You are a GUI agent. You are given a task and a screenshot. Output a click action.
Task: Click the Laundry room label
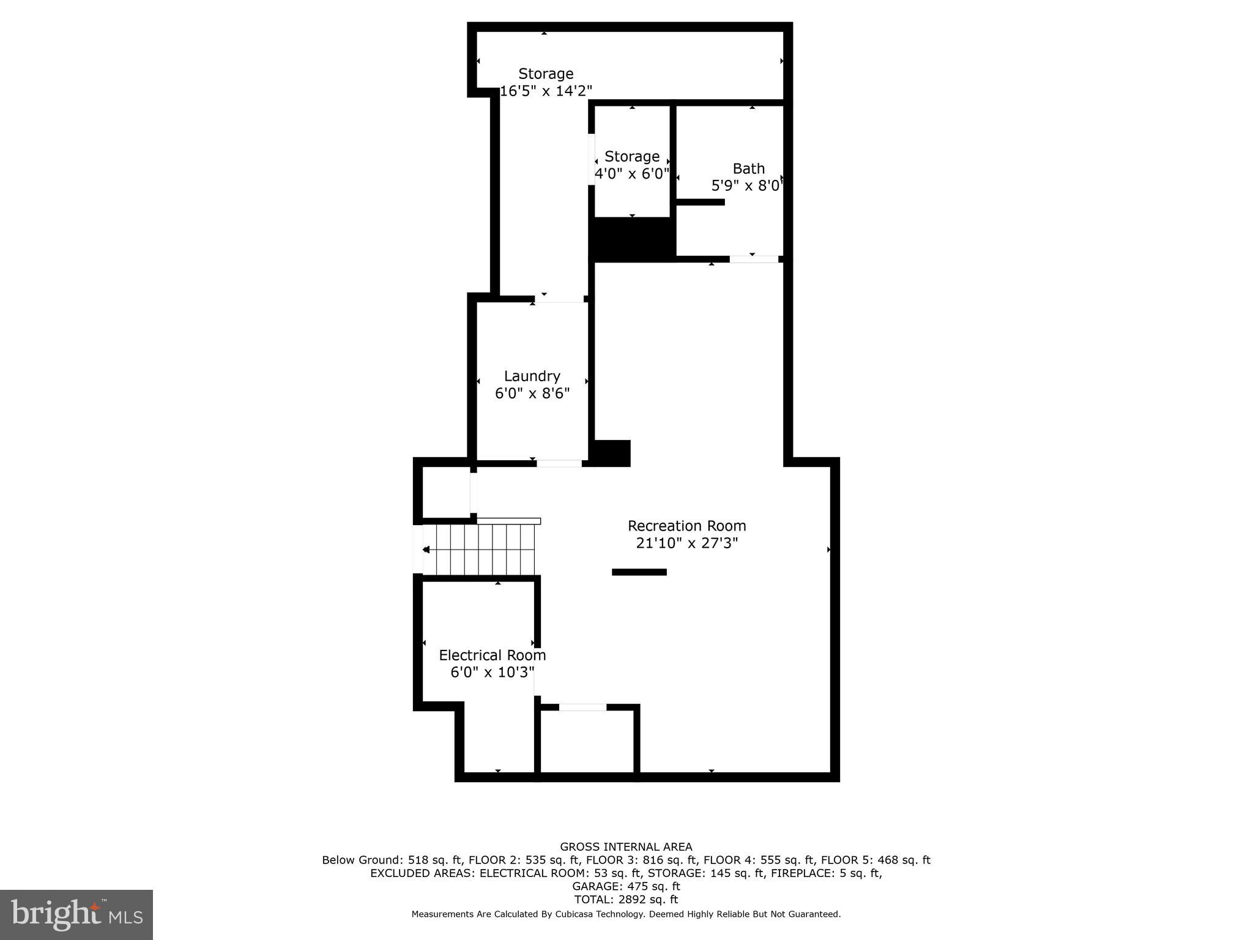point(532,376)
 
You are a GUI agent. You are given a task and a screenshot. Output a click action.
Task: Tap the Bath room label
point(748,168)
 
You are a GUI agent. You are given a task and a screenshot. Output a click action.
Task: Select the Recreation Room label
point(686,526)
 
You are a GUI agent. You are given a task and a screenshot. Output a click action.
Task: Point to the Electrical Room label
point(492,655)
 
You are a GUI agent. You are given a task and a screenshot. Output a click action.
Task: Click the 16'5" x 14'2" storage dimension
point(546,91)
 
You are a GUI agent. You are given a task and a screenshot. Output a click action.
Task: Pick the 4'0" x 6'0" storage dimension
point(632,174)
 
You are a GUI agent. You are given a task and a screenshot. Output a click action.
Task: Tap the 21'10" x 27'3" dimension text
point(686,543)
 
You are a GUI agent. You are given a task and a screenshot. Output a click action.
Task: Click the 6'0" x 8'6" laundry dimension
point(532,393)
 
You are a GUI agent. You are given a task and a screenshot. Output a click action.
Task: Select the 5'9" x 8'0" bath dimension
point(747,185)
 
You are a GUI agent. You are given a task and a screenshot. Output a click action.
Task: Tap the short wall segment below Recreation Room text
point(639,572)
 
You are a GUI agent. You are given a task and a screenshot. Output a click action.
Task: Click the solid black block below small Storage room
point(633,239)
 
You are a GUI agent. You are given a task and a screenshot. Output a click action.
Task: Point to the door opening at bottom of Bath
point(754,259)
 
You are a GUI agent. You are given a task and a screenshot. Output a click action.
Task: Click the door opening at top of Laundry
point(559,299)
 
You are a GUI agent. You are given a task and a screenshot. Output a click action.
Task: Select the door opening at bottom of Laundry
point(559,463)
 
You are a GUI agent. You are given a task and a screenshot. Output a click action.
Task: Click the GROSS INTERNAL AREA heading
point(626,847)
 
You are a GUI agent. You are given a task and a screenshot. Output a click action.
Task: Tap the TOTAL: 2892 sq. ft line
point(626,900)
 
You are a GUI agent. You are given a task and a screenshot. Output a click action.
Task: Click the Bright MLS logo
point(76,914)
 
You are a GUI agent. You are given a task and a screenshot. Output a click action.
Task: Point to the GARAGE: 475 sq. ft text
point(626,886)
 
